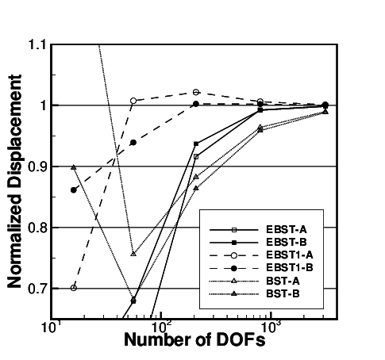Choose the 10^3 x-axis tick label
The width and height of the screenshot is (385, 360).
click(x=271, y=327)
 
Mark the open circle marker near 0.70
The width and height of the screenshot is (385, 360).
click(x=74, y=287)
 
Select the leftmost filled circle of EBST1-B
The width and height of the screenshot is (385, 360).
click(x=74, y=190)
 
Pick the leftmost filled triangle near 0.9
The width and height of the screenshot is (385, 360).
click(x=74, y=167)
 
